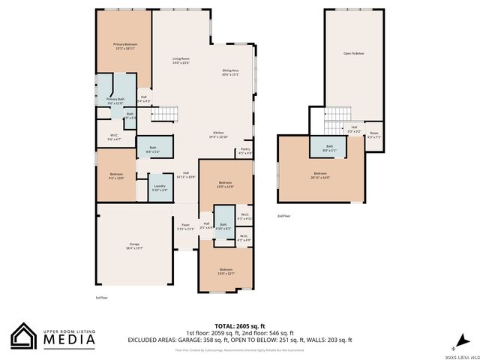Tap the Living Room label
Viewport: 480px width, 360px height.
point(181,60)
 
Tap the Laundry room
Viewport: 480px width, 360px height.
point(159,187)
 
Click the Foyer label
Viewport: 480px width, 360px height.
point(185,226)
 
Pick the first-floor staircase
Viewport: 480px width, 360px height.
point(166,114)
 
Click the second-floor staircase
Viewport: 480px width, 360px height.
point(337,113)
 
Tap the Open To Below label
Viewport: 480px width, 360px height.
point(353,54)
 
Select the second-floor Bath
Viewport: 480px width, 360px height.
point(330,148)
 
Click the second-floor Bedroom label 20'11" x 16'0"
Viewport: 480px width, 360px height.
point(320,175)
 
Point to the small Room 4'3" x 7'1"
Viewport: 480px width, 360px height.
point(373,135)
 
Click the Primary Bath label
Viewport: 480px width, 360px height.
point(115,100)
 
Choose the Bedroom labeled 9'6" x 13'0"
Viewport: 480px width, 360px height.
point(116,175)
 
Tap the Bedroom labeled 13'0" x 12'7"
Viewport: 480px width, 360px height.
point(226,271)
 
